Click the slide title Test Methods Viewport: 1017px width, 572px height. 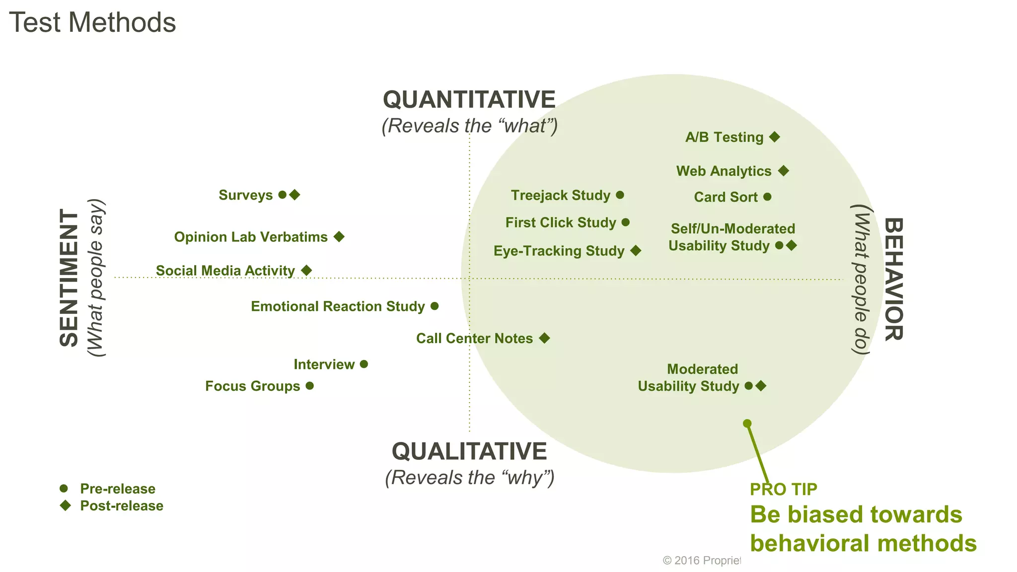coord(92,23)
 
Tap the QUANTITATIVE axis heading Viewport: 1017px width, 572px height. coord(469,100)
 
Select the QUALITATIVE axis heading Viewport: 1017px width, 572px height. coord(469,451)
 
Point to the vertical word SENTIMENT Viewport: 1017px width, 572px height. coord(69,278)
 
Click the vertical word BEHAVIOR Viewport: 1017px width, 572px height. coord(893,279)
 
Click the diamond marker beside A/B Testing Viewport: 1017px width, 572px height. coord(774,137)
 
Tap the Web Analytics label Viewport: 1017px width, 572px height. coord(724,171)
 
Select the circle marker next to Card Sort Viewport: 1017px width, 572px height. coord(767,197)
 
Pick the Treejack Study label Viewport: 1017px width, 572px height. coord(560,195)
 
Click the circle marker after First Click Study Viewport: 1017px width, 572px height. coord(626,222)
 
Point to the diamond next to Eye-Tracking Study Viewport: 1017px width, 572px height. coord(636,251)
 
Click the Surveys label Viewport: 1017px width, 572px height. coord(245,195)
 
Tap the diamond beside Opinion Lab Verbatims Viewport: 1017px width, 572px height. coord(339,237)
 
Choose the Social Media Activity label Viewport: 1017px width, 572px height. coord(225,271)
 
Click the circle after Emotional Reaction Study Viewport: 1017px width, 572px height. coord(435,306)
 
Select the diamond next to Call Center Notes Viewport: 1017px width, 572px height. coord(544,338)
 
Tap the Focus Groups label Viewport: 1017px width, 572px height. coord(252,386)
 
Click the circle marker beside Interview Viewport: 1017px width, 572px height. coord(364,364)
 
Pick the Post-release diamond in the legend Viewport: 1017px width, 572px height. coord(65,505)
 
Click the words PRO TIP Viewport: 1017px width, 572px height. coord(783,489)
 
